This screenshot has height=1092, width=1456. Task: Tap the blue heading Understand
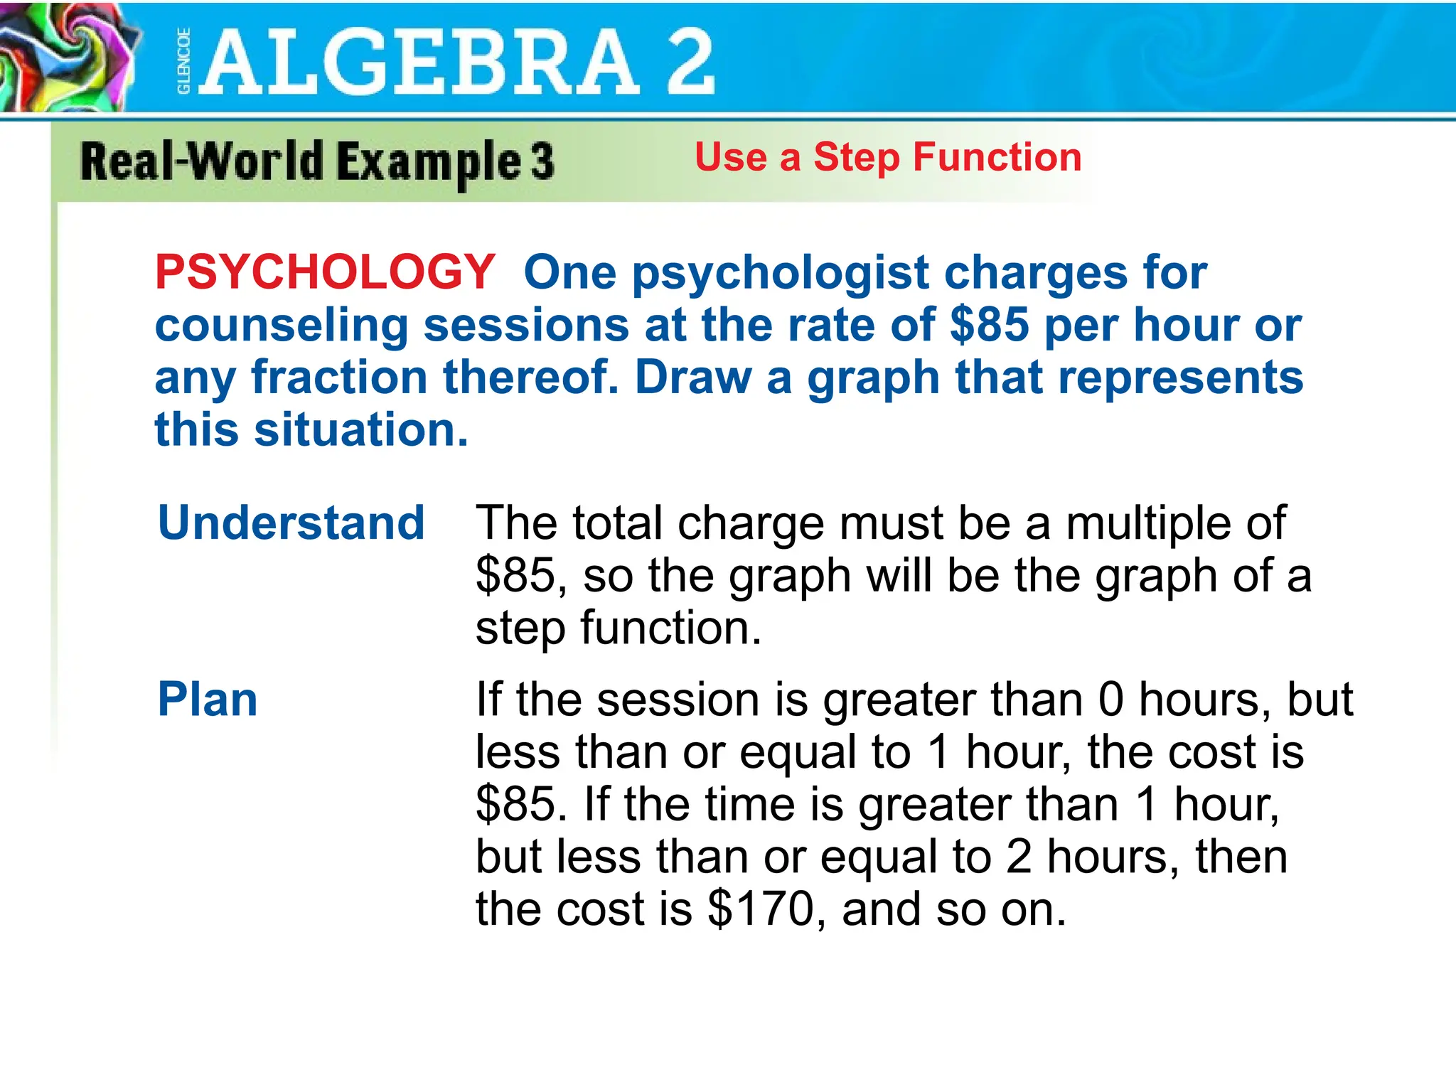click(291, 523)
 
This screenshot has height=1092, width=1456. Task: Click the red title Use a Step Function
click(888, 157)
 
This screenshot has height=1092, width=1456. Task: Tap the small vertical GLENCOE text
click(183, 61)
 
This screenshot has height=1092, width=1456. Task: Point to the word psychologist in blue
click(780, 273)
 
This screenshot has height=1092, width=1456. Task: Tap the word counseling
click(282, 326)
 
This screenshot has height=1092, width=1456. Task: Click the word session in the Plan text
click(679, 700)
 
